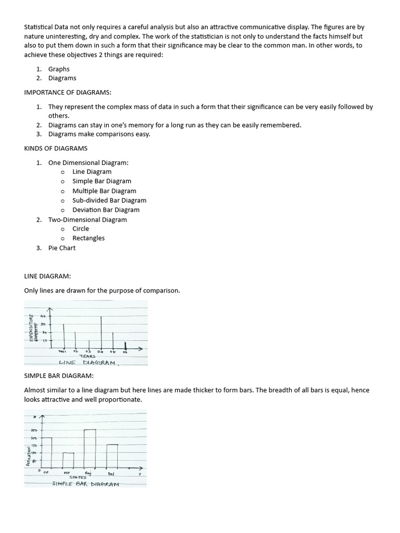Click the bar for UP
(46, 452)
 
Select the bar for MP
(68, 460)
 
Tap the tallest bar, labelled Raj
(90, 448)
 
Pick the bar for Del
(112, 456)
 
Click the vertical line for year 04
(101, 332)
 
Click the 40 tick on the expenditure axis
(44, 316)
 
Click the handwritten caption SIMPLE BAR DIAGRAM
(85, 484)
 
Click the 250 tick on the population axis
(34, 430)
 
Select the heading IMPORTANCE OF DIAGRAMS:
(68, 92)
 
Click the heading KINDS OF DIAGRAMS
(56, 148)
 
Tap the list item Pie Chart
(61, 248)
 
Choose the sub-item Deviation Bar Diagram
(106, 210)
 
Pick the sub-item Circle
(81, 229)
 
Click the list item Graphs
(59, 69)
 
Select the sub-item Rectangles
(89, 238)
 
